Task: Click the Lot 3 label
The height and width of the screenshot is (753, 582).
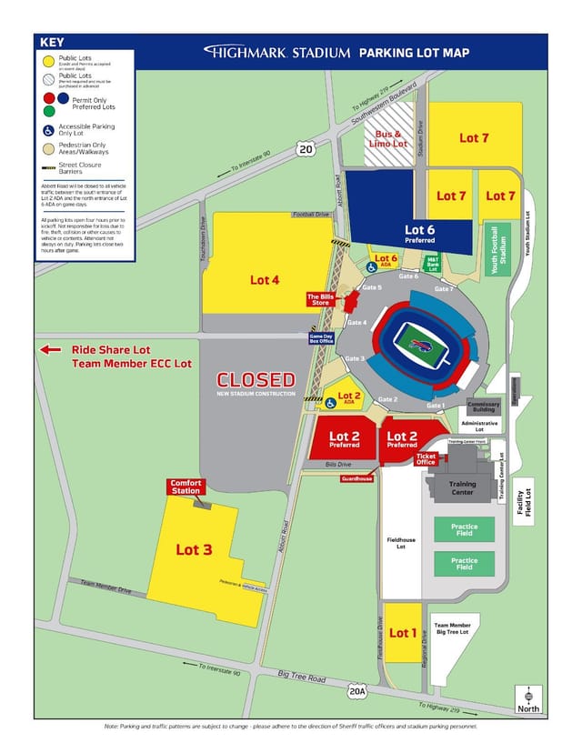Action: pos(194,549)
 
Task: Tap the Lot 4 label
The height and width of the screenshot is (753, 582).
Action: pos(265,279)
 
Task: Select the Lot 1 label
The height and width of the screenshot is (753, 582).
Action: pos(401,632)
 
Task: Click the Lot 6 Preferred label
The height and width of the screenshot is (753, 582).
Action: pos(420,233)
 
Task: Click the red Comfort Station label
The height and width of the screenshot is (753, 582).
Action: pos(186,487)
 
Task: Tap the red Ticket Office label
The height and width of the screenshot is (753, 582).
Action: pos(426,460)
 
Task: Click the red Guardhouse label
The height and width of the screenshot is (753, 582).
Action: pos(356,478)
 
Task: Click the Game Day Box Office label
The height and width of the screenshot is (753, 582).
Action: pos(322,338)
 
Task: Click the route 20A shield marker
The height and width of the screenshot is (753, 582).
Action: pos(358,691)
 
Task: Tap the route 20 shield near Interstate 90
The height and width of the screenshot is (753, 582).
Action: pos(306,149)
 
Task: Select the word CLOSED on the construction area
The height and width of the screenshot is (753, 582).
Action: pos(256,379)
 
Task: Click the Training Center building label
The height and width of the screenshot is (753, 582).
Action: pos(462,489)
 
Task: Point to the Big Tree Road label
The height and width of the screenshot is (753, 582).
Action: pos(304,678)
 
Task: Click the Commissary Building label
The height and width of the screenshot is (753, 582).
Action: pos(483,407)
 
